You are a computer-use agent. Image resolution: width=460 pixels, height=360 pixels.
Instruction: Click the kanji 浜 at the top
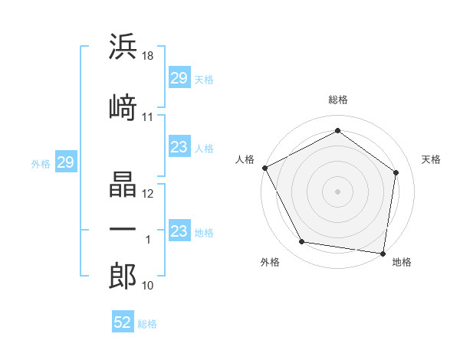tap(123, 46)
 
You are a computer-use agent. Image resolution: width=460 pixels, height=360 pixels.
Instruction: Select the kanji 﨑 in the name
tap(123, 107)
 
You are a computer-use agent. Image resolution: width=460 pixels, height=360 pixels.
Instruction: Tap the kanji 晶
tap(123, 184)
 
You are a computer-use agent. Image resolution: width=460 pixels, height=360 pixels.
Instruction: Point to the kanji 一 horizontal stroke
tap(123, 229)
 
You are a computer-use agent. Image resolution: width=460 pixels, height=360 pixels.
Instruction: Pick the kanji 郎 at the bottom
tap(123, 276)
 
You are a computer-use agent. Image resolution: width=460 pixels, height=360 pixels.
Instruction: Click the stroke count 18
tap(147, 56)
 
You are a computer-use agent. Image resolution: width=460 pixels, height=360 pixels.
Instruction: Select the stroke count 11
tap(147, 117)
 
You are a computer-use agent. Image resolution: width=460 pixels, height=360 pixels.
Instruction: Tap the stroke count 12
tap(147, 194)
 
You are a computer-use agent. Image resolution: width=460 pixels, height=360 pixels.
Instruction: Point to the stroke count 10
tap(147, 286)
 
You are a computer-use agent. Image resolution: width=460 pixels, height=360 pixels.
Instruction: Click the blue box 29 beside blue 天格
tap(179, 77)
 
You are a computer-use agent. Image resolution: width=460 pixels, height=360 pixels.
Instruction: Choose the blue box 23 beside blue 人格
tap(179, 146)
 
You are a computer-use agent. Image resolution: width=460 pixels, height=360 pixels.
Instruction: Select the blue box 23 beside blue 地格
tap(179, 230)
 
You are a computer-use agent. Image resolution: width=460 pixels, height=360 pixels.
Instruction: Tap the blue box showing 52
tap(123, 321)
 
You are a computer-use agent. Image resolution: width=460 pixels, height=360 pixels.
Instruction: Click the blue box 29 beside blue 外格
tap(66, 162)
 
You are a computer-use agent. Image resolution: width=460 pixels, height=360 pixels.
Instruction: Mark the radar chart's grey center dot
tap(337, 191)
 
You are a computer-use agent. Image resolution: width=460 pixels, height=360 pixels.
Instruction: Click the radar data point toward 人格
tap(265, 168)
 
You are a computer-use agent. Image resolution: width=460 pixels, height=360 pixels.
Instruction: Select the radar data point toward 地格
tap(383, 254)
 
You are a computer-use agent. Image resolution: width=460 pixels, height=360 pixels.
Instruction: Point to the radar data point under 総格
tap(337, 130)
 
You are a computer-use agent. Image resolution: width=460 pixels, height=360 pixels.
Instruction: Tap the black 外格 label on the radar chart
tap(270, 262)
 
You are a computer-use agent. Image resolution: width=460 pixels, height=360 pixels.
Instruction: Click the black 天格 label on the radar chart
tap(431, 159)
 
